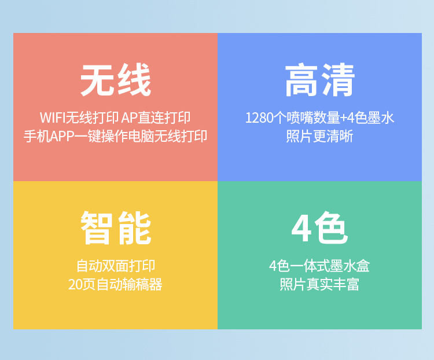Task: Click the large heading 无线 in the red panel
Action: [x=115, y=80]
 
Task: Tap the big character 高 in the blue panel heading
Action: [x=301, y=80]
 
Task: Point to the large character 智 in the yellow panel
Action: [x=96, y=228]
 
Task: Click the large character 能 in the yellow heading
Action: [x=134, y=228]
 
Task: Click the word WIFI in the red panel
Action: [x=53, y=117]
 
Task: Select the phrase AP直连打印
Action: [x=156, y=117]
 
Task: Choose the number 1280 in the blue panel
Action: [x=260, y=117]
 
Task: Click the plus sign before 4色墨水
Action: [x=343, y=118]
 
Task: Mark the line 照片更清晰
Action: [x=319, y=136]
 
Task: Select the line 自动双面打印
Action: [x=115, y=266]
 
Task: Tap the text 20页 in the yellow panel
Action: [x=82, y=284]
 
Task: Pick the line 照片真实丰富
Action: [x=319, y=284]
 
